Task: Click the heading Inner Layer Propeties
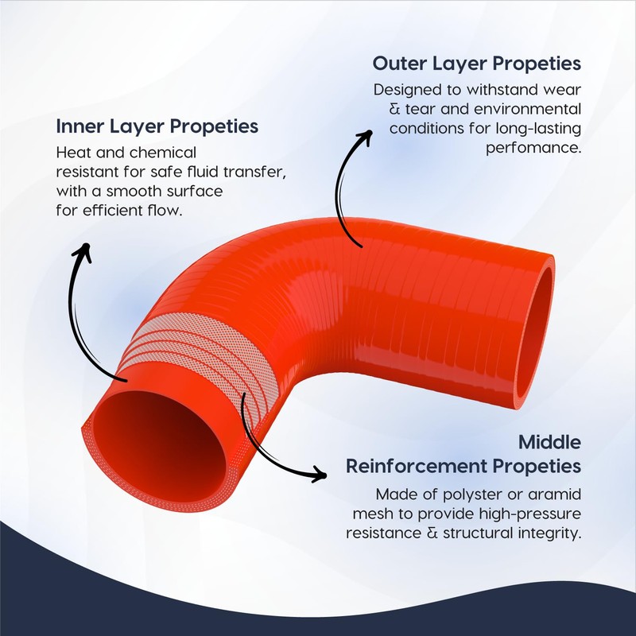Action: click(x=157, y=126)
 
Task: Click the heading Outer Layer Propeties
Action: click(x=477, y=63)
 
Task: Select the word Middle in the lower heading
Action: click(x=549, y=441)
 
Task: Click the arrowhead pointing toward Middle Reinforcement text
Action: click(x=319, y=475)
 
